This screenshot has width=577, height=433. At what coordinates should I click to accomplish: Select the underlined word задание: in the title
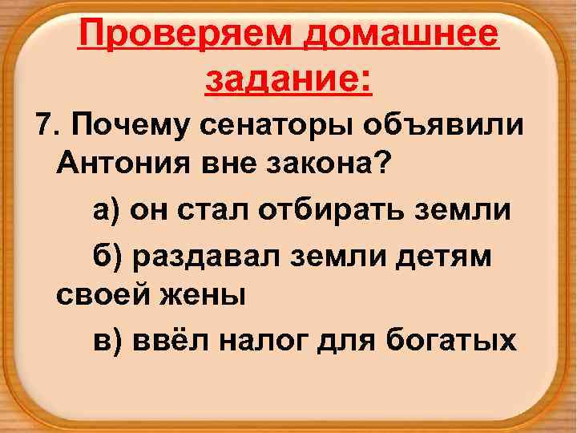[x=289, y=80]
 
